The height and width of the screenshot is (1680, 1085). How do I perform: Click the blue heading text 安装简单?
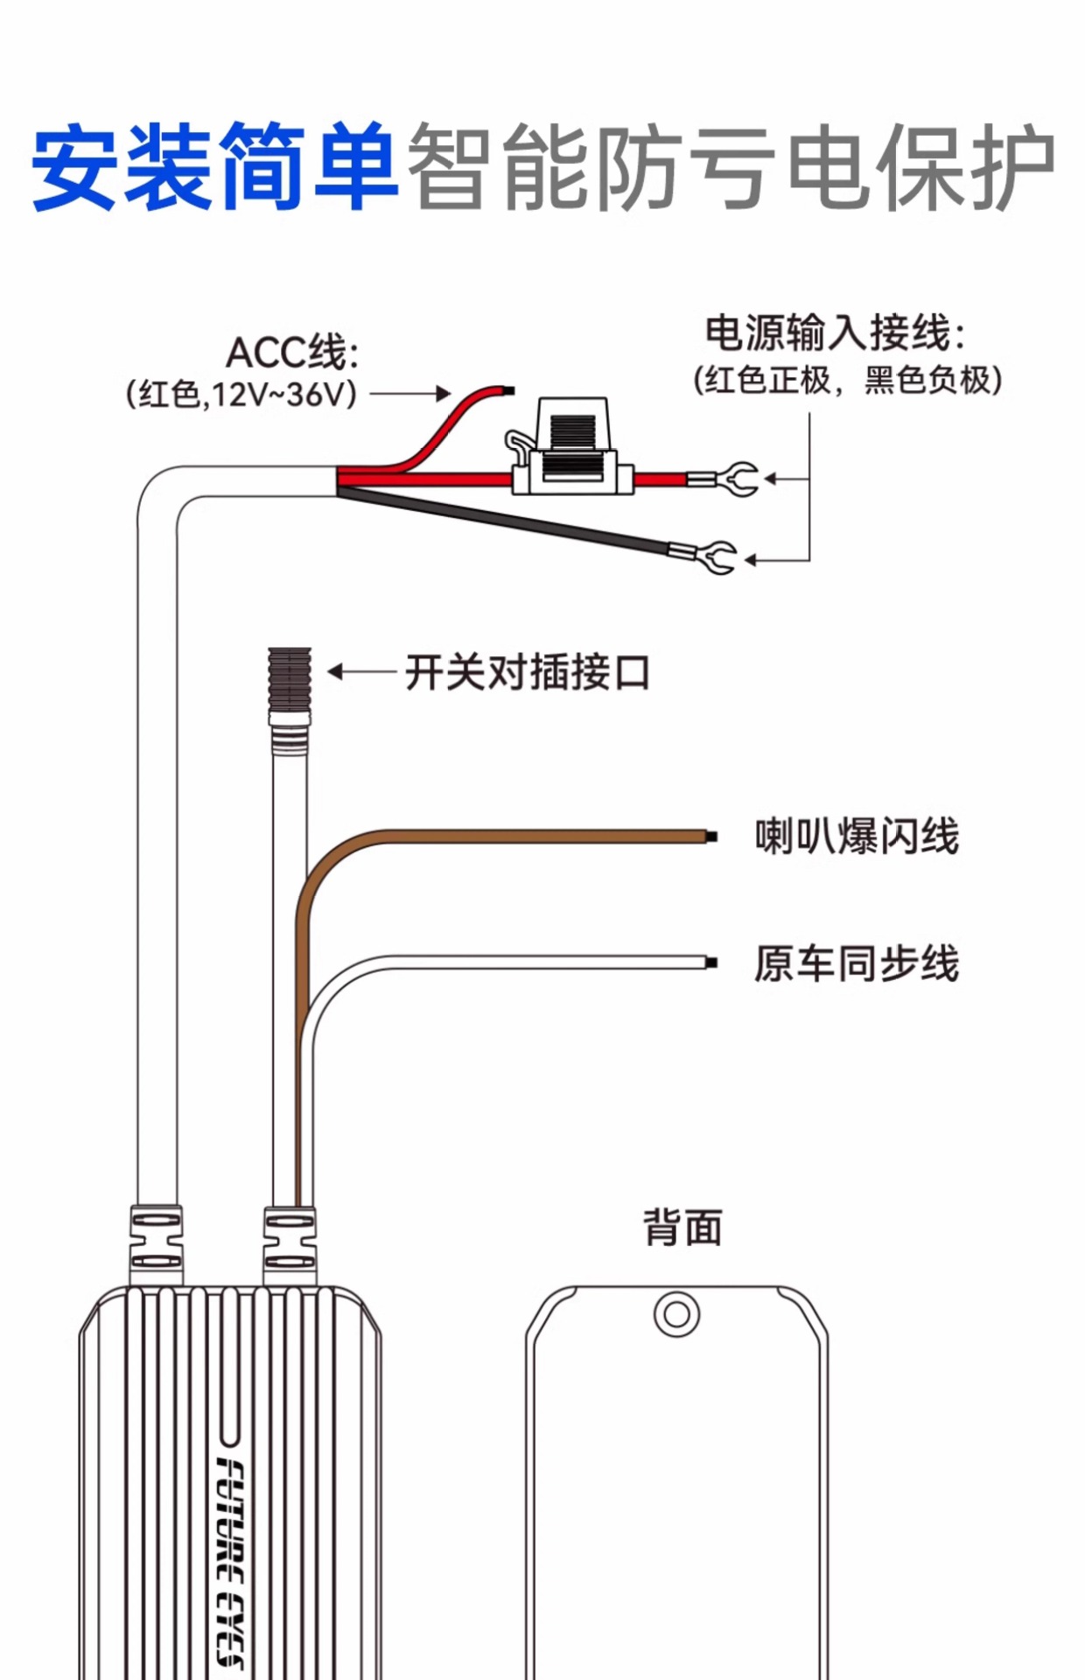coord(215,166)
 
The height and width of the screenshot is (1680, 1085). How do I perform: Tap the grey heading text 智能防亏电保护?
coord(731,166)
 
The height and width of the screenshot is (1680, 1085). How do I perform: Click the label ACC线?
coord(292,353)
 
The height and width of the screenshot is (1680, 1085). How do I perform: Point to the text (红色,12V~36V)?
coord(242,394)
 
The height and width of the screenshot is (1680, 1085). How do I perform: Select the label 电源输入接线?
coord(836,332)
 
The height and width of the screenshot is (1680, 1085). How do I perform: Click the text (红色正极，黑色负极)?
coord(848,380)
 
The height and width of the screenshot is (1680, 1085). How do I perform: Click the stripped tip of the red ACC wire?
coord(508,390)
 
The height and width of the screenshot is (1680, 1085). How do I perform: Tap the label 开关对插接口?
coord(527,672)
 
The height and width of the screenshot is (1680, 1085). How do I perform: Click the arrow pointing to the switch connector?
coord(362,672)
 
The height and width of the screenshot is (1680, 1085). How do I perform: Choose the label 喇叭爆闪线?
coord(857,836)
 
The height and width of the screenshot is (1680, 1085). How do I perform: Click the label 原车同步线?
coord(857,963)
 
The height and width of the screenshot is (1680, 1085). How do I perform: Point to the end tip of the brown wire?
coord(711,836)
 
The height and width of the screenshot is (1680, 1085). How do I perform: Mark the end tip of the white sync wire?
coord(711,962)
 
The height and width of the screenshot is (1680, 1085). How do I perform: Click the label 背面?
coord(682,1227)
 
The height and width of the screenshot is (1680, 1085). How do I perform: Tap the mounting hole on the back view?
coord(676,1314)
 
